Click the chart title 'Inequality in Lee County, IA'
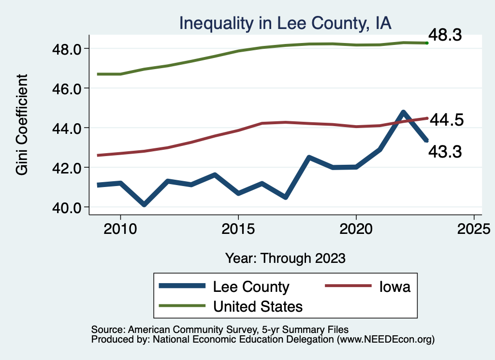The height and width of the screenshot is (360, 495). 285,23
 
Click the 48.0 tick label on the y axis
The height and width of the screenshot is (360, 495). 66,49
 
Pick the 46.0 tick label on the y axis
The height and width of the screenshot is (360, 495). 66,88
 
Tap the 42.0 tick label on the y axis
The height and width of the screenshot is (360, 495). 66,168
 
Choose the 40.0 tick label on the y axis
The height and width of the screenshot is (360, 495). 66,207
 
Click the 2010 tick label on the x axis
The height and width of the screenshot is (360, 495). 120,229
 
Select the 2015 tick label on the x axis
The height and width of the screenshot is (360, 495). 238,229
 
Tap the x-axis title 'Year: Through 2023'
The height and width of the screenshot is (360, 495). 286,258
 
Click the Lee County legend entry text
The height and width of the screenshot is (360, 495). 251,287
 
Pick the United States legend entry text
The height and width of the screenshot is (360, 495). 258,306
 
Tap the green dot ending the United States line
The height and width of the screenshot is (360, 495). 427,43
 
